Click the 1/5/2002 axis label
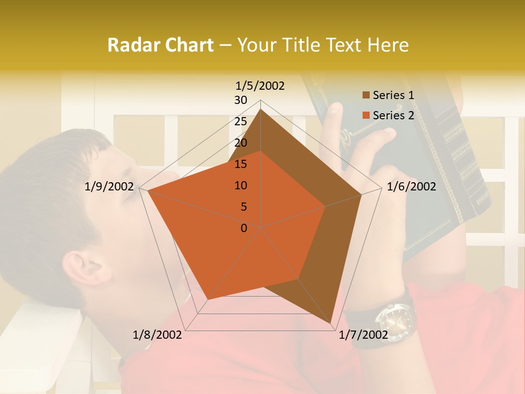tap(260, 85)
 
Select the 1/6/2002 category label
tap(411, 187)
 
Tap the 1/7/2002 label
tap(364, 335)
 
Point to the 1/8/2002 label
tap(157, 335)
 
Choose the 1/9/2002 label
tap(109, 187)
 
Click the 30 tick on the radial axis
tap(241, 100)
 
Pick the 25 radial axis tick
tap(241, 121)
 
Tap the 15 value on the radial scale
tap(241, 164)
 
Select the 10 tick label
tap(241, 186)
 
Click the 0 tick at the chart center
tap(244, 228)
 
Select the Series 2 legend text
tap(393, 115)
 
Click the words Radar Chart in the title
tap(160, 45)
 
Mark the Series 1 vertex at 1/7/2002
tap(331, 323)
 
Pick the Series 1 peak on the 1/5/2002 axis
tap(260, 109)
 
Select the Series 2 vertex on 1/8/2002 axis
tap(208, 299)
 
